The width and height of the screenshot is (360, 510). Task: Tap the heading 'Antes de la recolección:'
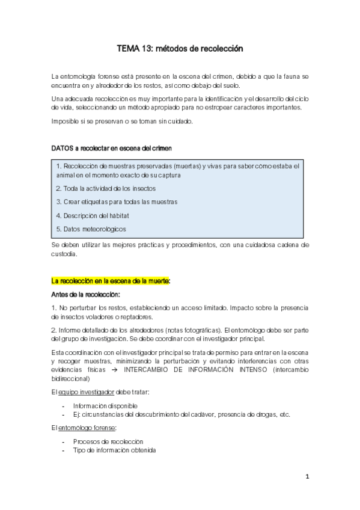point(86,294)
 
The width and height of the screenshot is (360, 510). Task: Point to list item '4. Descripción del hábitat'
point(92,215)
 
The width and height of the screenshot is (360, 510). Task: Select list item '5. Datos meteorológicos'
point(91,229)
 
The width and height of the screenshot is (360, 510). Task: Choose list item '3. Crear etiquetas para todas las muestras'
point(116,201)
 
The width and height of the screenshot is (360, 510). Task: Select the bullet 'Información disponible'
point(105,405)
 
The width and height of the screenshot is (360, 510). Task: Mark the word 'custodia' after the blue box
point(64,254)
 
